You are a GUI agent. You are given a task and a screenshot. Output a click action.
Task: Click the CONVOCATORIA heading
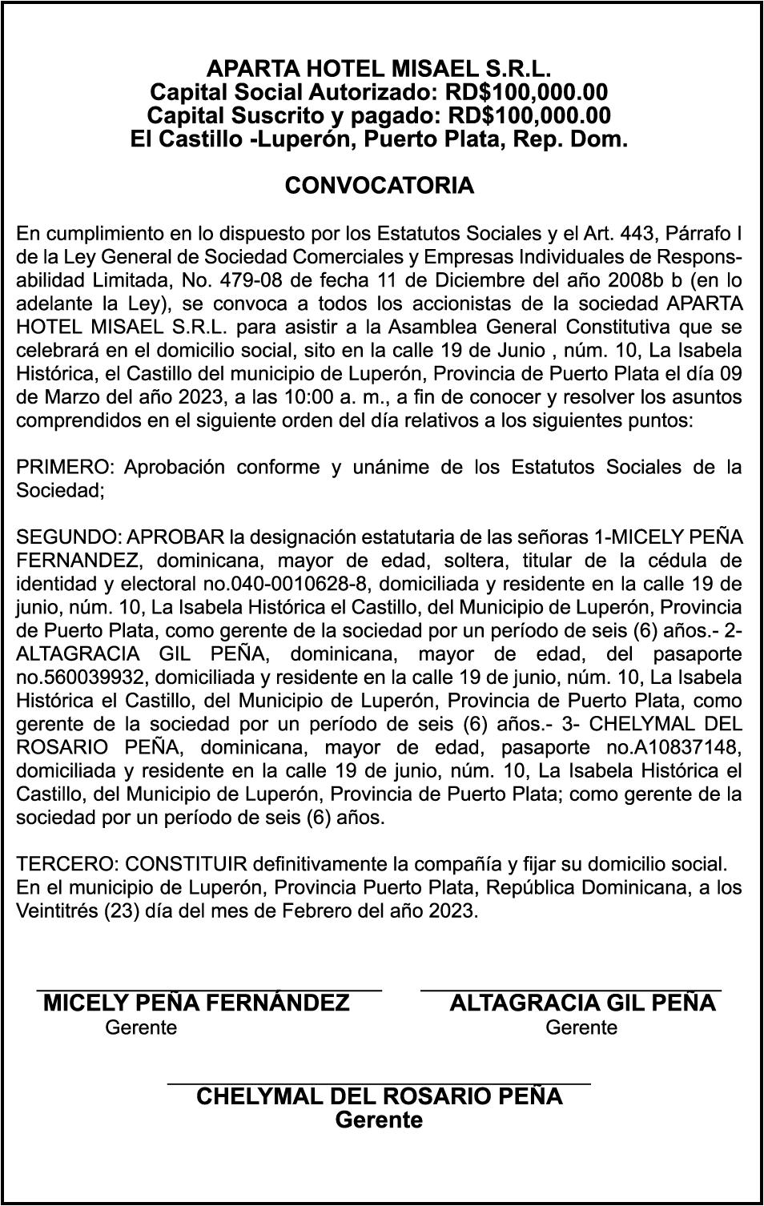point(379,186)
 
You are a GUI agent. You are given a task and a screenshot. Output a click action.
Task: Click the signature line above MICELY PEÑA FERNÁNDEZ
point(209,991)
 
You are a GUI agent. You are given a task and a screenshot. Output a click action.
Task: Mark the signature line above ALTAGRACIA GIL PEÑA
point(571,991)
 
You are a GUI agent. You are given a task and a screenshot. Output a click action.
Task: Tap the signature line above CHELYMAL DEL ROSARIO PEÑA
point(379,1083)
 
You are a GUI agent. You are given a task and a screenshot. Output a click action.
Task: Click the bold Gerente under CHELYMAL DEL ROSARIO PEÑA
point(379,1120)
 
